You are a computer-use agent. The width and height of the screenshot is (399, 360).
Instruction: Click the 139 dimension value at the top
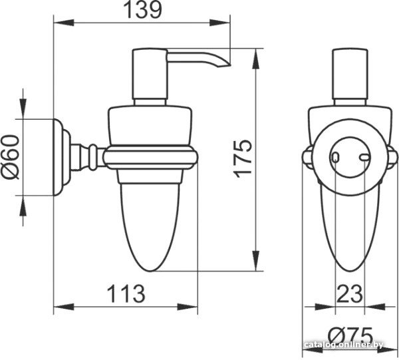(142, 10)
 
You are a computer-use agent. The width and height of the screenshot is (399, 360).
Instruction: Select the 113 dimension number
(126, 294)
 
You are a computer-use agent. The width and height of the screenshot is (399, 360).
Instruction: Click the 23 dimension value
(349, 294)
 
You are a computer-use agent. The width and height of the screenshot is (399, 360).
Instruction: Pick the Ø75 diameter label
(350, 335)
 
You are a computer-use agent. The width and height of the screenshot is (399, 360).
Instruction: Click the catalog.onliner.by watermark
(344, 345)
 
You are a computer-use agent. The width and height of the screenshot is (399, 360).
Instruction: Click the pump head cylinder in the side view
(150, 74)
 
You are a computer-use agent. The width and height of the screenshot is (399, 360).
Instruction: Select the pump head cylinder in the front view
(350, 74)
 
